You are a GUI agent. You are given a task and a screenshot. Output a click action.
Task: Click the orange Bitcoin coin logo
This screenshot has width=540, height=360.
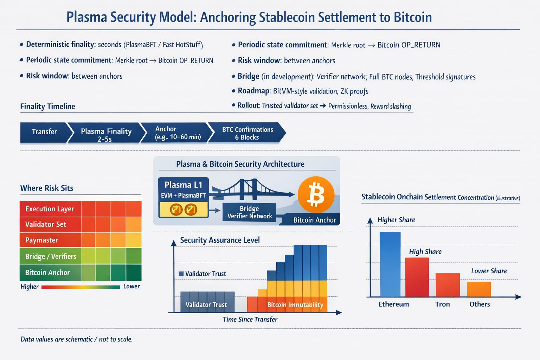[x=316, y=194]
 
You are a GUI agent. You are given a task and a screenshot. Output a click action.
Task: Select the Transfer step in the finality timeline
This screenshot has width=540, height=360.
[x=44, y=132]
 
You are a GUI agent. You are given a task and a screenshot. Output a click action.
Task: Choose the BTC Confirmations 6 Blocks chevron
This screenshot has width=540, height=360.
[x=247, y=133]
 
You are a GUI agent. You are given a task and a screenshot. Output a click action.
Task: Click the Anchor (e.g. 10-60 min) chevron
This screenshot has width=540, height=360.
[x=178, y=133]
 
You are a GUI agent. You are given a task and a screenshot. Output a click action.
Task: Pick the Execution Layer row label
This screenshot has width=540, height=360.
[x=50, y=209]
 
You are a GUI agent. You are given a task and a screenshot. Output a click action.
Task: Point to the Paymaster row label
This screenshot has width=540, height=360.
[x=41, y=240]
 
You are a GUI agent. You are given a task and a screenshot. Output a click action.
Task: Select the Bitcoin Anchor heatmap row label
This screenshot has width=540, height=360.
[x=47, y=273]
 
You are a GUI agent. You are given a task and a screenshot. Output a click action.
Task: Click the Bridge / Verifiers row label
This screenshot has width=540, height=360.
[x=51, y=257]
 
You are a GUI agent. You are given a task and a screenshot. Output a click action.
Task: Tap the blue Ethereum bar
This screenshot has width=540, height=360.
[x=390, y=264]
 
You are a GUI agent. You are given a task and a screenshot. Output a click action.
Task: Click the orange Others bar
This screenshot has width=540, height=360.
[x=479, y=289]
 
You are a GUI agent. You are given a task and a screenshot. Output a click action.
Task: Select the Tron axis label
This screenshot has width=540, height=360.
[x=442, y=304]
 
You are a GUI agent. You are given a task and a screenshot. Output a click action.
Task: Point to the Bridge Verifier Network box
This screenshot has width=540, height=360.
[x=249, y=212]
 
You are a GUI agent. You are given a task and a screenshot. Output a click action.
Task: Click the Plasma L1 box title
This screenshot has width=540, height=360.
[x=183, y=185]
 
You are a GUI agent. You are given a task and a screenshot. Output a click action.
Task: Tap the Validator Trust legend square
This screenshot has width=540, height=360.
[x=181, y=274]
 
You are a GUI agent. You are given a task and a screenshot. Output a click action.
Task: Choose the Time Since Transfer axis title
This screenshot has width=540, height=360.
[x=250, y=320]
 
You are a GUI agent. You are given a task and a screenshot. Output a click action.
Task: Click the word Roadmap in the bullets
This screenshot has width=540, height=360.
[x=253, y=91]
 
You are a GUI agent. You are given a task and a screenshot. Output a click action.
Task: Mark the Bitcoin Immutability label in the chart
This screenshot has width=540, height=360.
[x=295, y=305]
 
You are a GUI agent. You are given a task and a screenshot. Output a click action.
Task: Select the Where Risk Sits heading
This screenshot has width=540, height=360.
[x=47, y=188]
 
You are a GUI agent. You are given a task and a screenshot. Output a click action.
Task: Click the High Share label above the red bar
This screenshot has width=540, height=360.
[x=425, y=252]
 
